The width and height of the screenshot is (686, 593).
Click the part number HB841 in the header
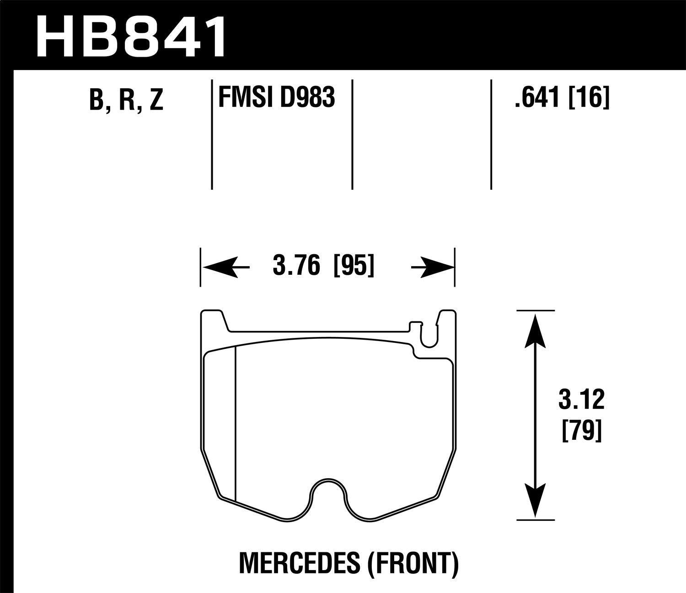click(x=131, y=35)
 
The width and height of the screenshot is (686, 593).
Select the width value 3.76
click(x=296, y=266)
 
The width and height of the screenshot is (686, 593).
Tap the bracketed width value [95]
click(x=354, y=266)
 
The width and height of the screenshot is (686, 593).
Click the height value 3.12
click(x=581, y=399)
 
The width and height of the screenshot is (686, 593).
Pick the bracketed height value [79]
click(x=581, y=430)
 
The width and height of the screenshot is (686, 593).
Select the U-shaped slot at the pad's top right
click(x=429, y=337)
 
